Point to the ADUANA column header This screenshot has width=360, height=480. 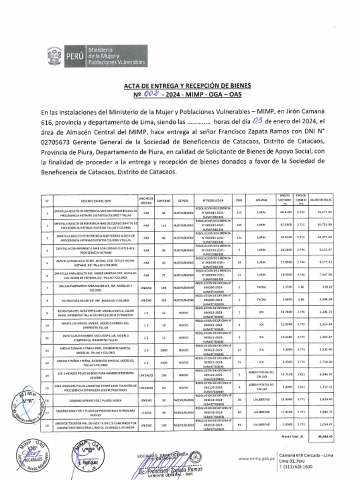tap(261, 200)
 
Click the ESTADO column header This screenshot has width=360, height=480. tap(183, 200)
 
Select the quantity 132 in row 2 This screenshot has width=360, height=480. tap(164, 225)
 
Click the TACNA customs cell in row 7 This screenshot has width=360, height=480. tap(261, 286)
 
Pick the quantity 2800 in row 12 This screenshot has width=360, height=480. tap(164, 349)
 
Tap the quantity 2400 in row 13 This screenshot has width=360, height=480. tap(164, 363)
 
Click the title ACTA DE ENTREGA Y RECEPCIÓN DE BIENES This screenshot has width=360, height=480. tap(187, 86)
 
